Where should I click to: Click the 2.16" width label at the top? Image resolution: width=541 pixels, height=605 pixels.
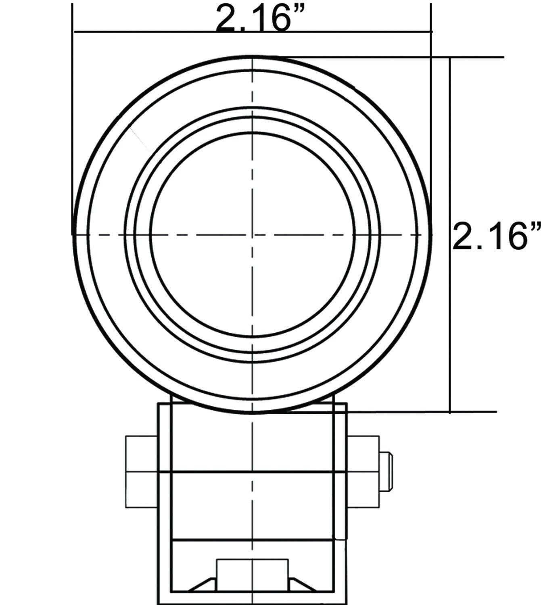[x=260, y=18]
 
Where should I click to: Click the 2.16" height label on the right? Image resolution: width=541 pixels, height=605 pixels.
[x=497, y=235]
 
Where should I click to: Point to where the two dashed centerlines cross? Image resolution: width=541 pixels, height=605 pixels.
[x=253, y=235]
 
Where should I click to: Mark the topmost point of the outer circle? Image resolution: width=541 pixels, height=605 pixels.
[x=253, y=56]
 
